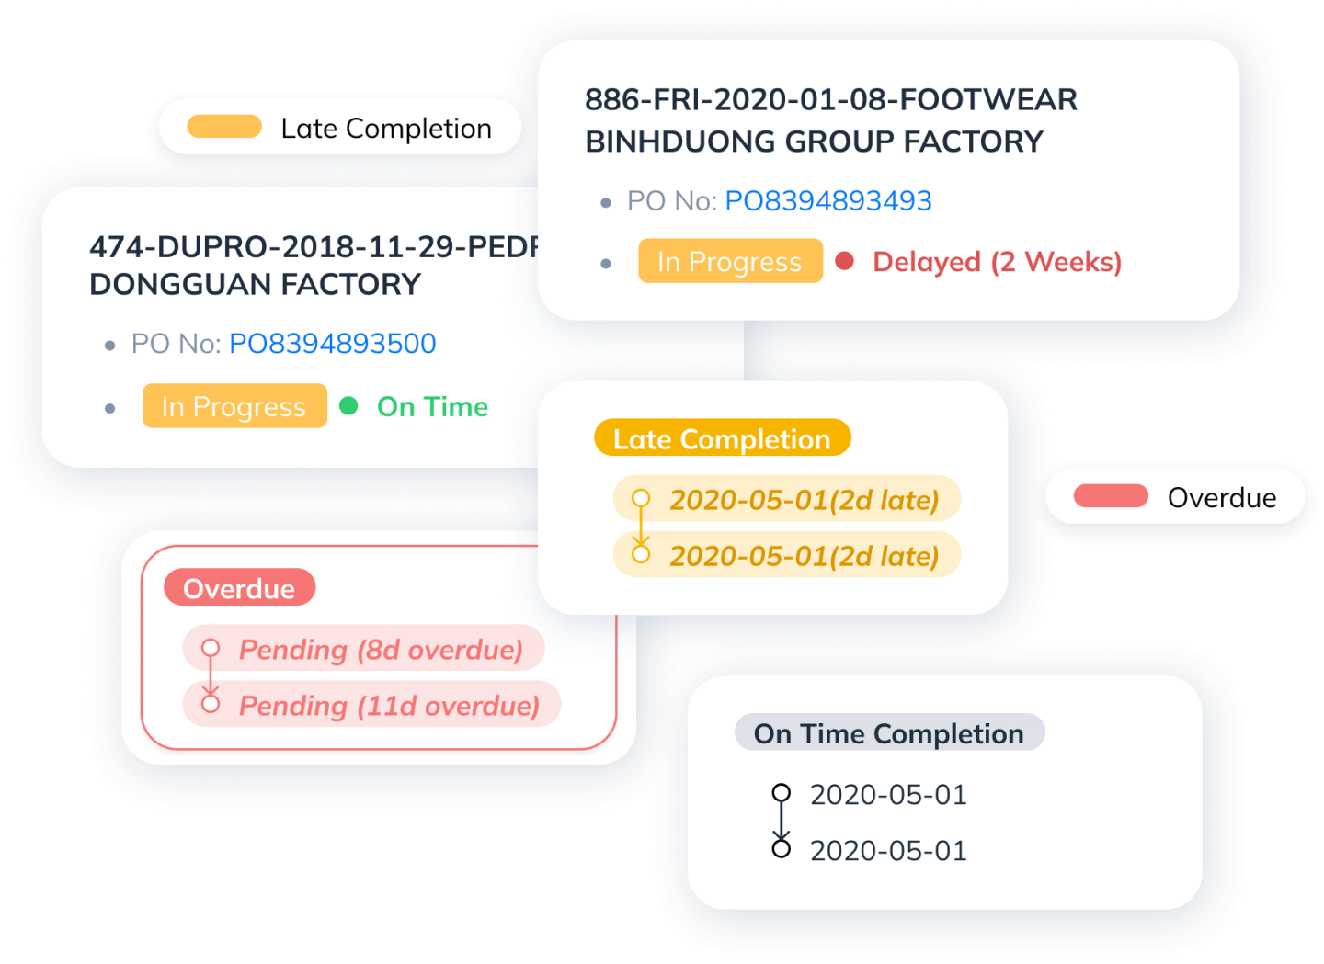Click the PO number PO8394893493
click(827, 201)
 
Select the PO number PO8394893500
click(332, 344)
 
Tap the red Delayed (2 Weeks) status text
click(997, 262)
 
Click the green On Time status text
click(432, 406)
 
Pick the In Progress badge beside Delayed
click(730, 262)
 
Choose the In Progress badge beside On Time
click(234, 406)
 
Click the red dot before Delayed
click(844, 261)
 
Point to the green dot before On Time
click(348, 405)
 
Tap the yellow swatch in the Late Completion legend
click(224, 127)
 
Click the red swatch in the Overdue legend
click(1111, 496)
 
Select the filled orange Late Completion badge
click(722, 438)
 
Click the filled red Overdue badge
click(239, 588)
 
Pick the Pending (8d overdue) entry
click(381, 650)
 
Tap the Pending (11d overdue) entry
click(389, 706)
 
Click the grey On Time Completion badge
click(888, 733)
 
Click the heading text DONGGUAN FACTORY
click(255, 285)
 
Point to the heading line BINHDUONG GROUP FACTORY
click(814, 142)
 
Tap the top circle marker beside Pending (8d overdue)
click(211, 648)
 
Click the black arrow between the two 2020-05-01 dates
click(781, 822)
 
